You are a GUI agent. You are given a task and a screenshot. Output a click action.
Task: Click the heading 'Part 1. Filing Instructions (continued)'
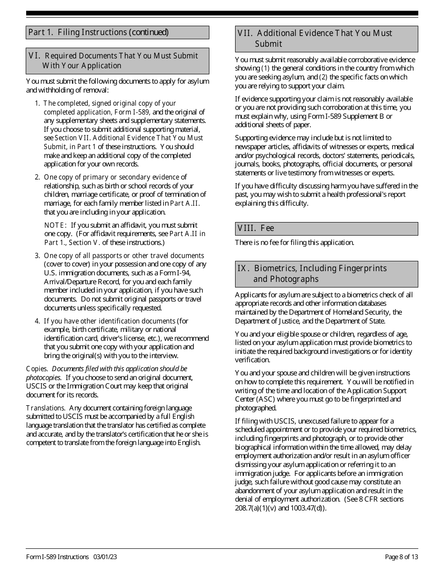(x=98, y=32)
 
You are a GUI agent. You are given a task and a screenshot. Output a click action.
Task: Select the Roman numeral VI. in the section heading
(x=35, y=56)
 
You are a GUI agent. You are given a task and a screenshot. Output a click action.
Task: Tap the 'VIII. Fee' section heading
(x=256, y=228)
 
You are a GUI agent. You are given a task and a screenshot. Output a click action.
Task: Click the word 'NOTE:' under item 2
(x=56, y=225)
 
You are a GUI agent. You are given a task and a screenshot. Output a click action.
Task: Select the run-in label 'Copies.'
(x=36, y=369)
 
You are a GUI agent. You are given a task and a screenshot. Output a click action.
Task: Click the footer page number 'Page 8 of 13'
(x=401, y=557)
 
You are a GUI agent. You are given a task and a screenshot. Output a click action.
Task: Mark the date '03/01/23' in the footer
(x=105, y=557)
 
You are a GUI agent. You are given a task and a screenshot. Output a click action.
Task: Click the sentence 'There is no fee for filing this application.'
(x=294, y=242)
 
